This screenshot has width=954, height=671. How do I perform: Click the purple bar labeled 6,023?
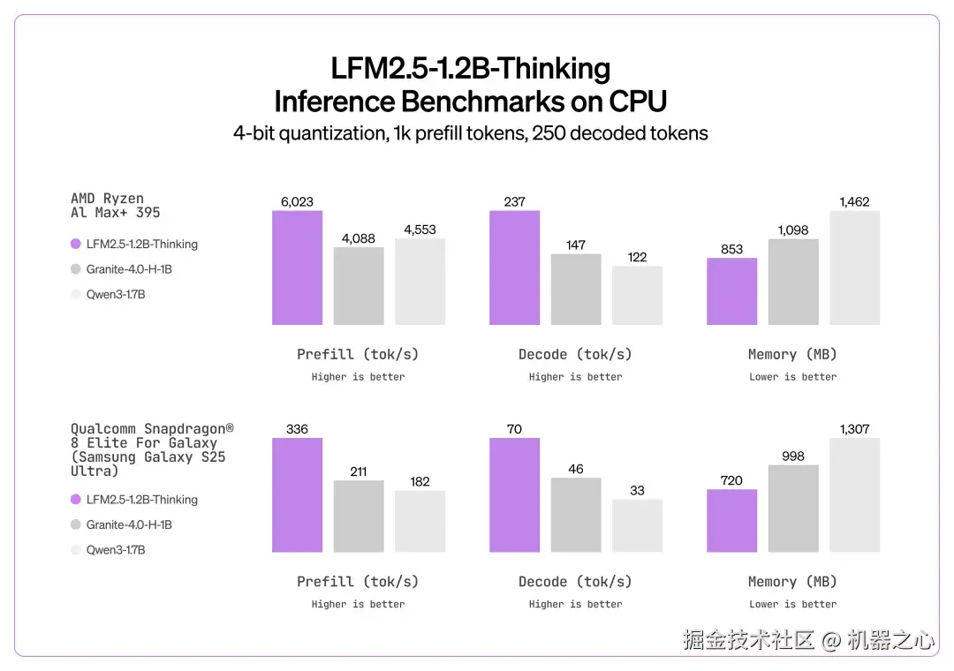point(297,268)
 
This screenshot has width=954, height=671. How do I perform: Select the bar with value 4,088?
point(359,285)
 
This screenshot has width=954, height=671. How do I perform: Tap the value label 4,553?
point(420,230)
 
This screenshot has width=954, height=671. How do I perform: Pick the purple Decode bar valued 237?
point(514,268)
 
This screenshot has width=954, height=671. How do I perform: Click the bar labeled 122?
point(637,295)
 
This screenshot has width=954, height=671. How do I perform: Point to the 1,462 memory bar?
point(854,268)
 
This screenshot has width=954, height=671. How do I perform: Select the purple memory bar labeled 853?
point(731,291)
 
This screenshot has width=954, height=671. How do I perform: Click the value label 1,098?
point(793,230)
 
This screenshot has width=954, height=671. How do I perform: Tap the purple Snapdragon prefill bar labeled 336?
point(297,495)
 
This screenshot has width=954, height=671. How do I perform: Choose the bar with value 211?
point(359,516)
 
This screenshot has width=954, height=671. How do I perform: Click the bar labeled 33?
point(637,526)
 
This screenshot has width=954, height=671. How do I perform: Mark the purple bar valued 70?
point(514,495)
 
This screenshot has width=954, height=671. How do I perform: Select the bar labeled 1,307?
point(854,495)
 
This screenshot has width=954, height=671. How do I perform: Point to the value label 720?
point(731,480)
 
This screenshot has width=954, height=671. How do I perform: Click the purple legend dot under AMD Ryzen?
point(76,245)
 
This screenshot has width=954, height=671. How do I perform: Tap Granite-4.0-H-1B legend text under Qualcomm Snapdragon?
point(129,525)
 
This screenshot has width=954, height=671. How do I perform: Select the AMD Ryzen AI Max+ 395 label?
point(115,206)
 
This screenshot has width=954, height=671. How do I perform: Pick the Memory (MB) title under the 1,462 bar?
point(792,355)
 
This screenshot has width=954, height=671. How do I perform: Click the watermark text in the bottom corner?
point(807,640)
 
